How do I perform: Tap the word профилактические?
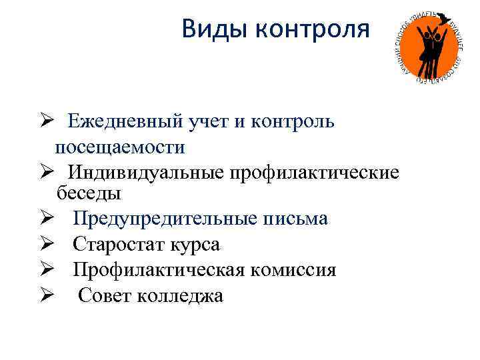pos(315,172)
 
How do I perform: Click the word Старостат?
pos(117,245)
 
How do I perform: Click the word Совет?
pos(105,295)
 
